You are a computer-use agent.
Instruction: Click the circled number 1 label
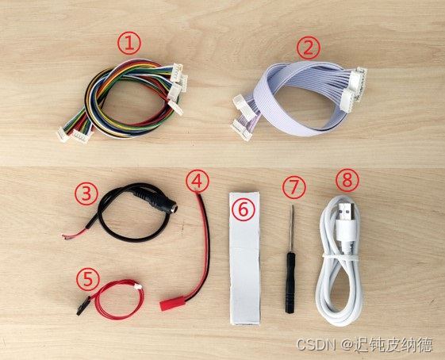coord(129,44)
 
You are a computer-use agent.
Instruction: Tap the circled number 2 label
coord(309,48)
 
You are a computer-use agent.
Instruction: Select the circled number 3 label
coord(86,193)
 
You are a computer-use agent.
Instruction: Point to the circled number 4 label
coord(198,181)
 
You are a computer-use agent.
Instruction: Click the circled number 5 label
coord(88,279)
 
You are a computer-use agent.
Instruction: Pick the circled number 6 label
coord(244,209)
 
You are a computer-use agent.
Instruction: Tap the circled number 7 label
coord(294,187)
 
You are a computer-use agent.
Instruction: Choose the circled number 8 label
coord(347,181)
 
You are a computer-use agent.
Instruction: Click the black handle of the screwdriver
coord(290,283)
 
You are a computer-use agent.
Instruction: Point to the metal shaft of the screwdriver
coord(291,228)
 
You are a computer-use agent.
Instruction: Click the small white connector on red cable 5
coord(138,286)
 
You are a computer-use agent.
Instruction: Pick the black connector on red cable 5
coord(83,306)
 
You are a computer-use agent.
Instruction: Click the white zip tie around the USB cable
coord(340,257)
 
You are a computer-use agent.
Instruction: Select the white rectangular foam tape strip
coord(244,258)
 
